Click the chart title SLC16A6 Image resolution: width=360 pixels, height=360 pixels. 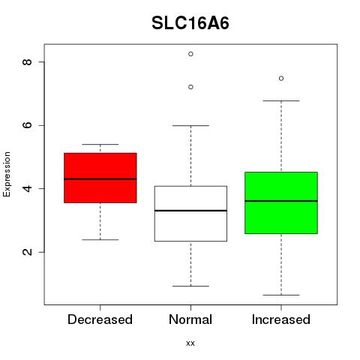(x=190, y=23)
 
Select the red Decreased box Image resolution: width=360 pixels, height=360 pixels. (x=100, y=178)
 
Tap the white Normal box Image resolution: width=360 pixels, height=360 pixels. (x=190, y=214)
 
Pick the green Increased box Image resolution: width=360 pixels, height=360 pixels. (x=281, y=202)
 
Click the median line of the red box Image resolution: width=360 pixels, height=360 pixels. (x=100, y=179)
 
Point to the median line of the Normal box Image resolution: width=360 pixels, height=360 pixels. (x=190, y=211)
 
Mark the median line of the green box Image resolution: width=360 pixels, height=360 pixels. (x=281, y=201)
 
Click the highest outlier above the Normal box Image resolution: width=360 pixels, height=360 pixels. (x=190, y=54)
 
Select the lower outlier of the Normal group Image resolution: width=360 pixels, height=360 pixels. (x=190, y=87)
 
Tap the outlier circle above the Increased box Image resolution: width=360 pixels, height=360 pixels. (x=281, y=79)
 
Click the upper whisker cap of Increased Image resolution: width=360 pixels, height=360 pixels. (x=281, y=100)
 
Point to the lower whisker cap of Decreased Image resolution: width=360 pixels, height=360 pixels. (x=100, y=240)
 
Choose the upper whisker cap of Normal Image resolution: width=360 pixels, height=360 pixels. (x=190, y=125)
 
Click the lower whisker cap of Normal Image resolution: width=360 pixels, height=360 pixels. (x=190, y=286)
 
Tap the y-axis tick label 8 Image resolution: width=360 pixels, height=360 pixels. (x=27, y=61)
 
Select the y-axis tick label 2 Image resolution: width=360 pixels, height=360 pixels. (x=27, y=252)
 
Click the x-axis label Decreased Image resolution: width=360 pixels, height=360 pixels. (x=100, y=319)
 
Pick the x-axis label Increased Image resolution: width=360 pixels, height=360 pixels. (x=281, y=319)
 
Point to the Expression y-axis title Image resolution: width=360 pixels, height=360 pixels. (x=7, y=174)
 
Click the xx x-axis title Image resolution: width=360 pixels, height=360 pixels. (x=190, y=343)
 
